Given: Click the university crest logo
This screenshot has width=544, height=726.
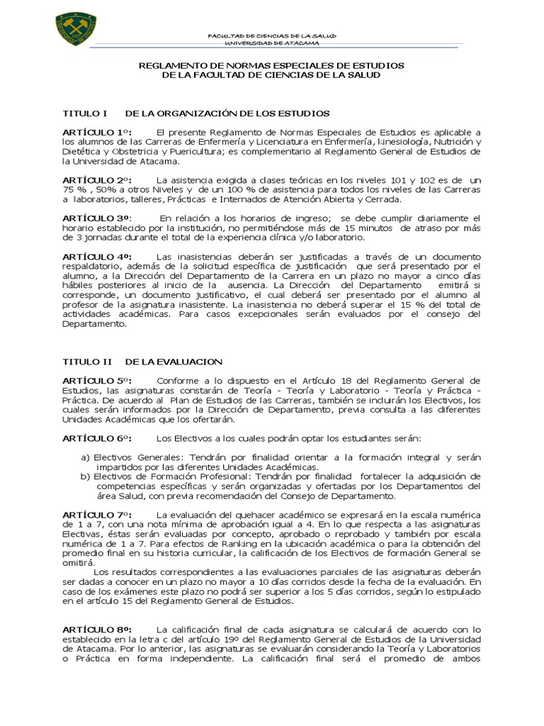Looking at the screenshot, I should [75, 29].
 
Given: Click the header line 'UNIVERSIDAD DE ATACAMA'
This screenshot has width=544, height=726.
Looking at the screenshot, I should [271, 42].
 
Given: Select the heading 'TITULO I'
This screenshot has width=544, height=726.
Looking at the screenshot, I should [84, 113].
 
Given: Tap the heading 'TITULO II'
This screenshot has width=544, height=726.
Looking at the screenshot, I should [86, 362].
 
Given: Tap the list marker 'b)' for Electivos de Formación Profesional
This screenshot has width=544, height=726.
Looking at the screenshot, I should [86, 476].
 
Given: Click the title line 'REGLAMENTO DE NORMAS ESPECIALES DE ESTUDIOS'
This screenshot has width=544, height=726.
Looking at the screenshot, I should [271, 65].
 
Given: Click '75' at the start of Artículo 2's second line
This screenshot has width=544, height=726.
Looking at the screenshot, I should [69, 190].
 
